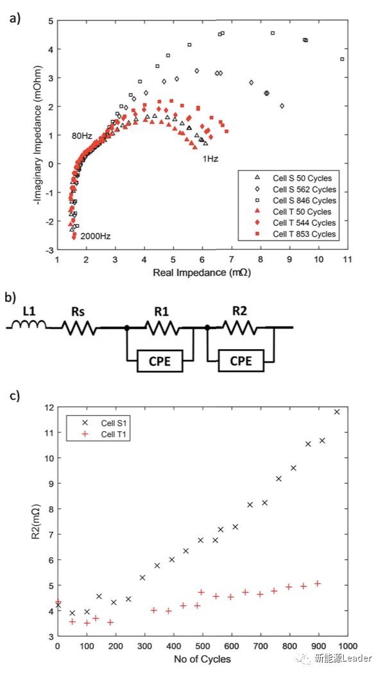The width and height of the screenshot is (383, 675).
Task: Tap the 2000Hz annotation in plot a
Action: pyautogui.click(x=95, y=236)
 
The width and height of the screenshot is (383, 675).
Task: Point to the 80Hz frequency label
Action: pyautogui.click(x=81, y=136)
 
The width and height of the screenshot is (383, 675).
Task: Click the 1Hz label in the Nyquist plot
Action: pyautogui.click(x=210, y=159)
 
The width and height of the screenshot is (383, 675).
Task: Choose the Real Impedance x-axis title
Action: pyautogui.click(x=202, y=273)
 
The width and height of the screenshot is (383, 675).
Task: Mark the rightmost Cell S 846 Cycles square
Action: pyautogui.click(x=342, y=59)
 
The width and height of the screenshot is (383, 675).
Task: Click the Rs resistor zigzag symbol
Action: pyautogui.click(x=80, y=328)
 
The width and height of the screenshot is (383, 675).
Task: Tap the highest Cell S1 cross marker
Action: pyautogui.click(x=337, y=412)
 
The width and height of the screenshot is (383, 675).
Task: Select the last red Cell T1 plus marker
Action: pyautogui.click(x=318, y=583)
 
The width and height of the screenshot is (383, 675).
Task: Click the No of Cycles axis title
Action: pyautogui.click(x=202, y=659)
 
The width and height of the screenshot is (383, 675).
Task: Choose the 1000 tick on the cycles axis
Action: pyautogui.click(x=348, y=645)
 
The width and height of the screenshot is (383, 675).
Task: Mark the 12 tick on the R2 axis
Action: pyautogui.click(x=49, y=407)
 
